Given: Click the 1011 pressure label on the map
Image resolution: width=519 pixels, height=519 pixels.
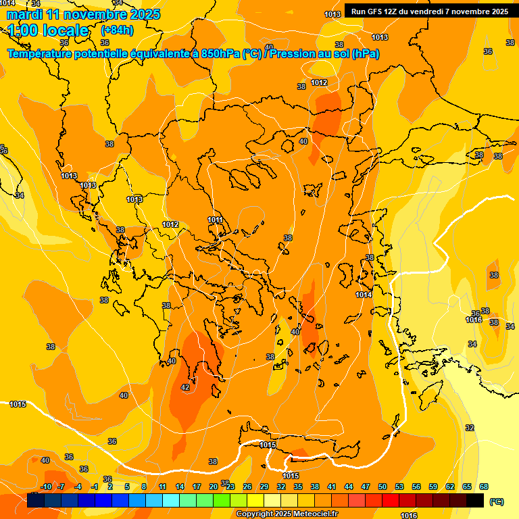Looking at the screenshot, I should (x=216, y=220).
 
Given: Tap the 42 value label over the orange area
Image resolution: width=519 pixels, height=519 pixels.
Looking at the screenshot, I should (x=185, y=387).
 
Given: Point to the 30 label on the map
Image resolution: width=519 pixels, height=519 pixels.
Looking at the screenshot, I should (x=172, y=362).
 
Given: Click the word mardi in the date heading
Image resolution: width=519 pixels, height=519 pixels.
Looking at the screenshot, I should (x=24, y=14).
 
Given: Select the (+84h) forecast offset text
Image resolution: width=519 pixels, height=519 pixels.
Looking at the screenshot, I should (x=117, y=30).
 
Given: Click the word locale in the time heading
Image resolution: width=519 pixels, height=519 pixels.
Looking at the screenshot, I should (x=65, y=30).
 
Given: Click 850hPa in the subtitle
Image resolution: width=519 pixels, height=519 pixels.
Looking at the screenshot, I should (x=220, y=54).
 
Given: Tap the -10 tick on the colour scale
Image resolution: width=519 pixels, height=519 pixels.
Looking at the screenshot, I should (x=46, y=487).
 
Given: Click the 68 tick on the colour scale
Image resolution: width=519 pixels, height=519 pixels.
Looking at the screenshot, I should (x=484, y=487).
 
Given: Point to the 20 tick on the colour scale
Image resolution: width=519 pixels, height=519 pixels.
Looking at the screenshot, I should (x=214, y=487).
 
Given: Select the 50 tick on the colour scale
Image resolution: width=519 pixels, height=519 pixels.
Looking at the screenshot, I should (x=382, y=487).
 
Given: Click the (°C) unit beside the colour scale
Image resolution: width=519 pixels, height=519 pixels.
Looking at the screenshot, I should (x=496, y=501).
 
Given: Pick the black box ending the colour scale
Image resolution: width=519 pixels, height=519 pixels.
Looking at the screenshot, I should (x=475, y=501).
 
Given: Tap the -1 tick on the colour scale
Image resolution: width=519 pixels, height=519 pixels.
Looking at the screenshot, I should (x=95, y=487).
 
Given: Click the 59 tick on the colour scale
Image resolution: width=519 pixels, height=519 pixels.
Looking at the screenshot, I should (x=433, y=487).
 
